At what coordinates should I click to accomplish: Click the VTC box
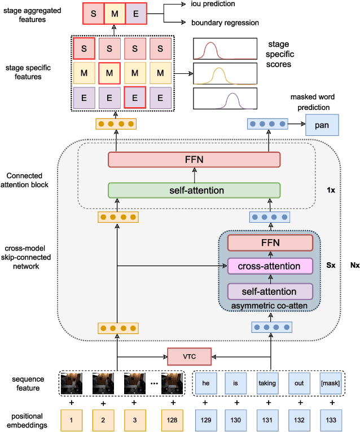[x=189, y=356]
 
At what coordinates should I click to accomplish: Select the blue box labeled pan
[x=322, y=124]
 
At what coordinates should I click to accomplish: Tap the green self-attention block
[x=194, y=190]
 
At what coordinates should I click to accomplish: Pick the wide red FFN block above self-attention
[x=194, y=160]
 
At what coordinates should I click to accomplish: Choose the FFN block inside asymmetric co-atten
[x=270, y=243]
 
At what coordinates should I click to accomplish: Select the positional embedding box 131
[x=267, y=420]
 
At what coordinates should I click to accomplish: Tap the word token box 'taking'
[x=267, y=383]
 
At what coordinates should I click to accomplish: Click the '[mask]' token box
[x=330, y=383]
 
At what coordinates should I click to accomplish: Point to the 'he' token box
[x=205, y=383]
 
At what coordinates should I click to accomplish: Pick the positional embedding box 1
[x=71, y=420]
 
